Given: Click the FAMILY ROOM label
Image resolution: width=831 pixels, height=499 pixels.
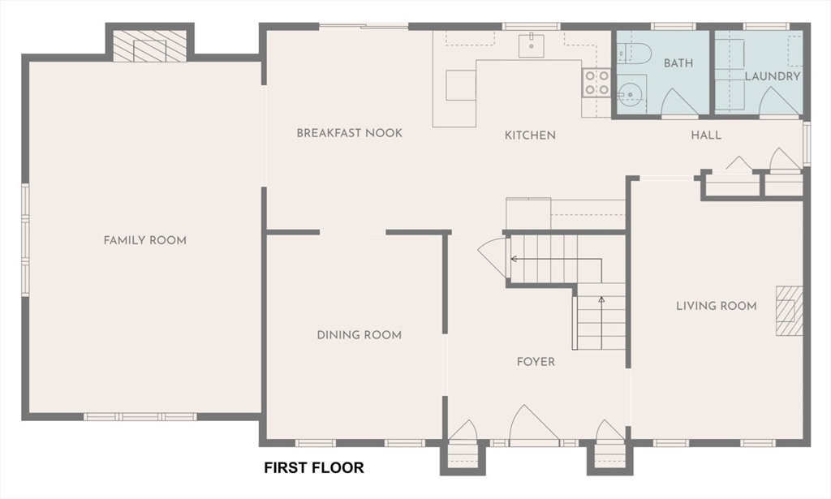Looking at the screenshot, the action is [x=144, y=240].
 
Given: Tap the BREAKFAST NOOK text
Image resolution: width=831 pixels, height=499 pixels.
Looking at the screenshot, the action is [x=349, y=133].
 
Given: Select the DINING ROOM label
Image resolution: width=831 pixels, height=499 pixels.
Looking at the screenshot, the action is [x=359, y=335].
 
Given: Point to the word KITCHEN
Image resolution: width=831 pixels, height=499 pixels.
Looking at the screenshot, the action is [x=530, y=135].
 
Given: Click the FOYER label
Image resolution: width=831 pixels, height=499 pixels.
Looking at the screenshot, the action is [x=536, y=362].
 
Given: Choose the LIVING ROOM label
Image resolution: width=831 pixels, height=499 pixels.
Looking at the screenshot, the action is [x=716, y=306].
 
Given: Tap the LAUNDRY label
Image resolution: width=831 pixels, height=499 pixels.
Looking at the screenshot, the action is [x=773, y=76].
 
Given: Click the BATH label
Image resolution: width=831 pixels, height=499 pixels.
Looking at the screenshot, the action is [x=678, y=63].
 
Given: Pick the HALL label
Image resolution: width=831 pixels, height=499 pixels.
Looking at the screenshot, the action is [x=706, y=135].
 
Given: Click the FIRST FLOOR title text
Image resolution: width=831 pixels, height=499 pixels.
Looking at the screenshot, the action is [x=314, y=467].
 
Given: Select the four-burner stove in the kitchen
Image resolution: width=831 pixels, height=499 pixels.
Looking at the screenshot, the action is [x=596, y=83].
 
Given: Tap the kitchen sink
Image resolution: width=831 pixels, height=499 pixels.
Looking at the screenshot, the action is [x=532, y=45].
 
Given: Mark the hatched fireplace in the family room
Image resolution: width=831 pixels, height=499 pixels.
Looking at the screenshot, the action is [x=150, y=45].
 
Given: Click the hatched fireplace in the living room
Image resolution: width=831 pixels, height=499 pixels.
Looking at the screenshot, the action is [x=790, y=311].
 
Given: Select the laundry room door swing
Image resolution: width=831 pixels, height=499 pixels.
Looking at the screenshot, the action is [x=778, y=101].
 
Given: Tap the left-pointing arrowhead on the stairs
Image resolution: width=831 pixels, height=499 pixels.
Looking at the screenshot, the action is [x=514, y=259].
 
